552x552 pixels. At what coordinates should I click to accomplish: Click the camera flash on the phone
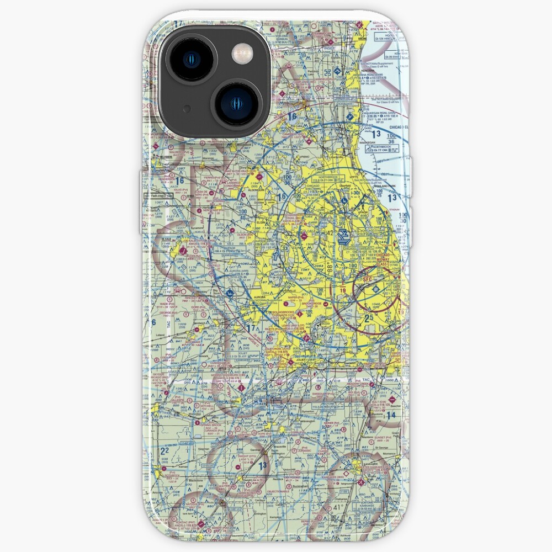(x=241, y=54)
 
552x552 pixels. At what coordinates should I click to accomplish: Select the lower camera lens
(x=235, y=103)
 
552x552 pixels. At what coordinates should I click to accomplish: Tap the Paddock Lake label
(x=314, y=70)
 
